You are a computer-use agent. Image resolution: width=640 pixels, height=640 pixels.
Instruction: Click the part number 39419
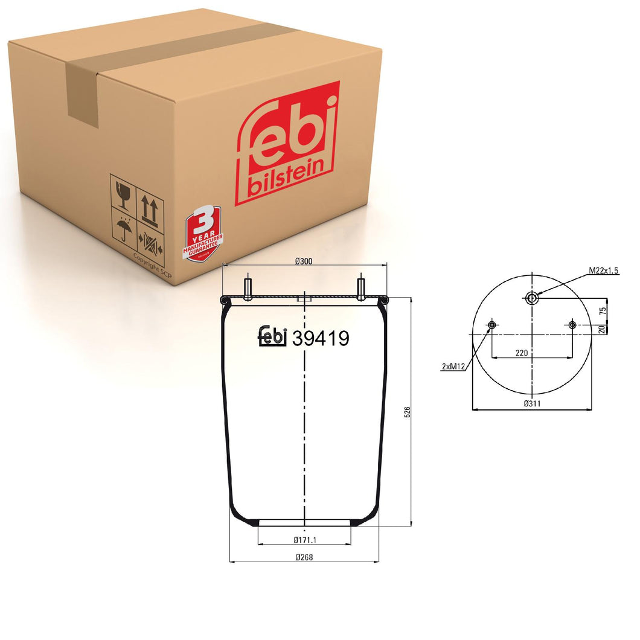coord(321,339)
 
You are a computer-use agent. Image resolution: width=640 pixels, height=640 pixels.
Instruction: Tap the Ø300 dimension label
coord(303,261)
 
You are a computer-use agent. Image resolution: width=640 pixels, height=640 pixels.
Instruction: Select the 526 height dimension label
coord(407,412)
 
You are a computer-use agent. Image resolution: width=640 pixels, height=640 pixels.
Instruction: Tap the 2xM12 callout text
coord(452,366)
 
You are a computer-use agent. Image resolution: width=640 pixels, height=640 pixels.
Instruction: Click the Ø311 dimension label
coord(531,403)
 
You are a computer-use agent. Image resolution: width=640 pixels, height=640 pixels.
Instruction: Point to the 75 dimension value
coord(602,310)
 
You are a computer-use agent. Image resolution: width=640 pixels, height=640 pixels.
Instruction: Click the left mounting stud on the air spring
coord(248,289)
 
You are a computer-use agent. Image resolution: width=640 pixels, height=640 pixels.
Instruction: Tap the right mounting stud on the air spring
coord(361,289)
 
